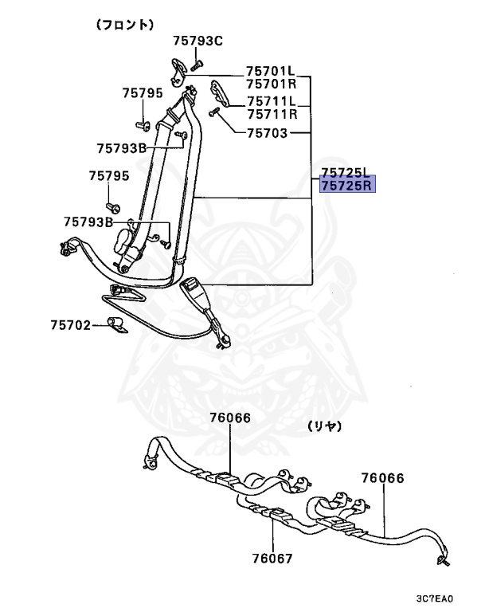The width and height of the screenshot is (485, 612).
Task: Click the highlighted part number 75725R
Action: coord(346,186)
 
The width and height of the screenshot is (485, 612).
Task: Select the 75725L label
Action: coord(346,172)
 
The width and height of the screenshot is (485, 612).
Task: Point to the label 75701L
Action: coord(270,70)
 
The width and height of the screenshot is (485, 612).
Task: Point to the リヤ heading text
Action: coord(329,427)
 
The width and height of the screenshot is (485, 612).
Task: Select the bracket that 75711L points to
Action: coord(221,92)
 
